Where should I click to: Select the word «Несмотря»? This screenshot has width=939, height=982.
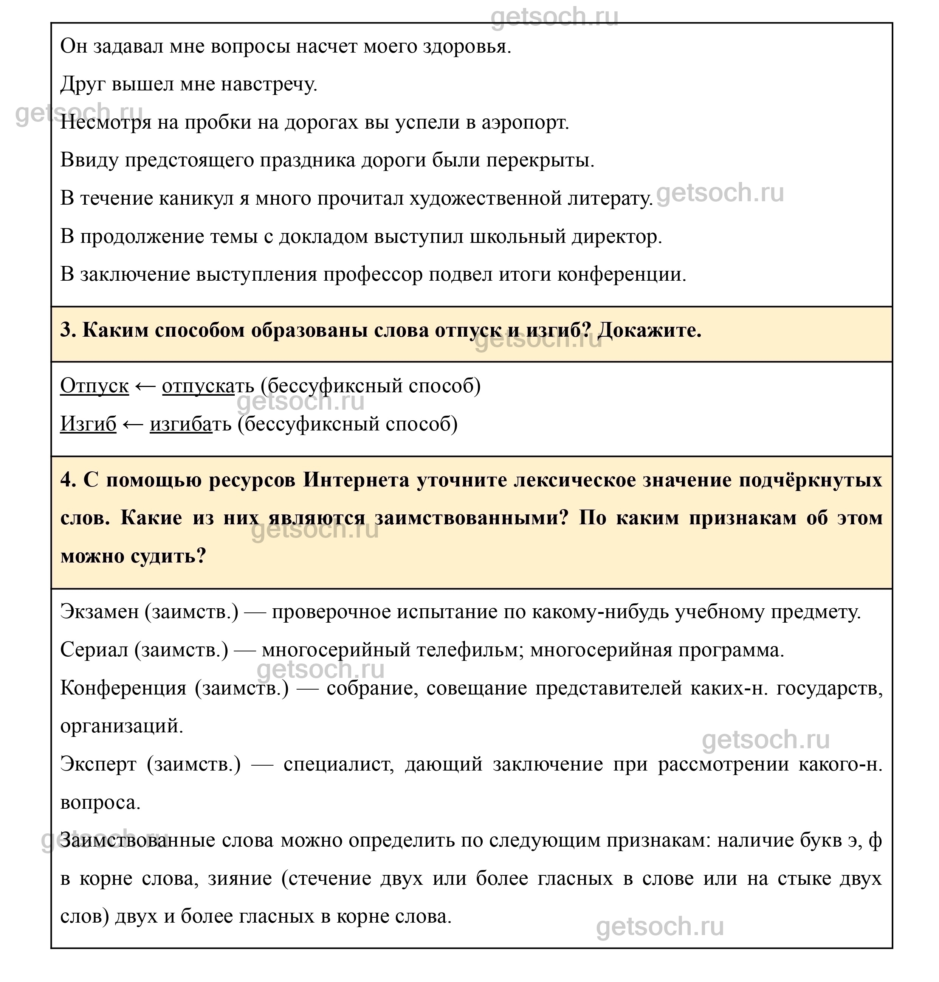coord(105,123)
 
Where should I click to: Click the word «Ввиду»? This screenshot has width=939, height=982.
coord(89,161)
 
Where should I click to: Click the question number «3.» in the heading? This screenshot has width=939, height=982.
coord(68,331)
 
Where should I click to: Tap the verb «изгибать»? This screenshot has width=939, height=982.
coord(191,424)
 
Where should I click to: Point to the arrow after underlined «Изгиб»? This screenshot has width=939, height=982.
coord(133,424)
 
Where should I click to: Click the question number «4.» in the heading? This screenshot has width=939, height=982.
coord(68,480)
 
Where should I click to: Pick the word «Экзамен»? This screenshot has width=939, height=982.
coord(99,612)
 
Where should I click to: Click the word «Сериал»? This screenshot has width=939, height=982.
coord(94,650)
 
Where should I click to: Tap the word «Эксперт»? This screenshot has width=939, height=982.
coord(98,764)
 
